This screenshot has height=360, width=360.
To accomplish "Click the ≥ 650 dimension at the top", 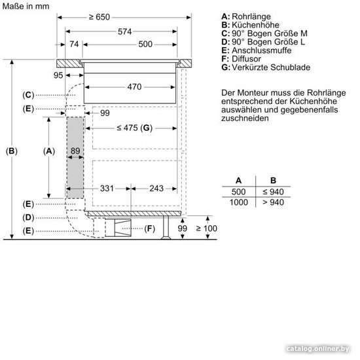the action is (99, 17).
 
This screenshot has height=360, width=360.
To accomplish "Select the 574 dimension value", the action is (124, 31).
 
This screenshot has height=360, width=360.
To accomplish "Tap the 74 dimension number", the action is (74, 44).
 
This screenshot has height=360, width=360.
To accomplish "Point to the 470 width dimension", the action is (135, 87).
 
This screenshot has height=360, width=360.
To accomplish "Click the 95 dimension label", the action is (58, 75).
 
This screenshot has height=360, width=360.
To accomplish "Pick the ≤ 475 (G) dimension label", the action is (135, 128).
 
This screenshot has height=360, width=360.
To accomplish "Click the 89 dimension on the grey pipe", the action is (75, 151).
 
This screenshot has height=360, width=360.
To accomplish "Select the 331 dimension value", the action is (107, 189).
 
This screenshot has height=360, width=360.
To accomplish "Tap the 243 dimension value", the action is (156, 189).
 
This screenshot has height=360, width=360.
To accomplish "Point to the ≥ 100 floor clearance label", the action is (207, 228).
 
